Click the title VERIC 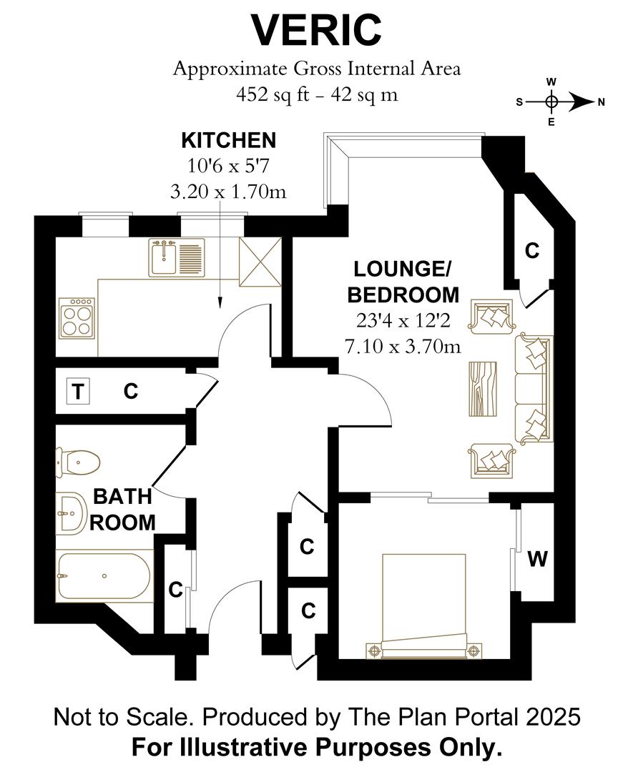point(316,30)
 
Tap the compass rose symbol point(551,102)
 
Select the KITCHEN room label point(227,139)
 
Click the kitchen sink point(176,257)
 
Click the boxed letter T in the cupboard point(77,391)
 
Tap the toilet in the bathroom point(77,462)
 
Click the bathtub point(104,576)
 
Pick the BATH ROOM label point(122,508)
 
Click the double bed point(424,604)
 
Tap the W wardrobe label point(537,559)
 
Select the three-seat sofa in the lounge point(534,387)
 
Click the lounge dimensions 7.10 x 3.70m point(402,347)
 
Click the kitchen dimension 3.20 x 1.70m point(227,192)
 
